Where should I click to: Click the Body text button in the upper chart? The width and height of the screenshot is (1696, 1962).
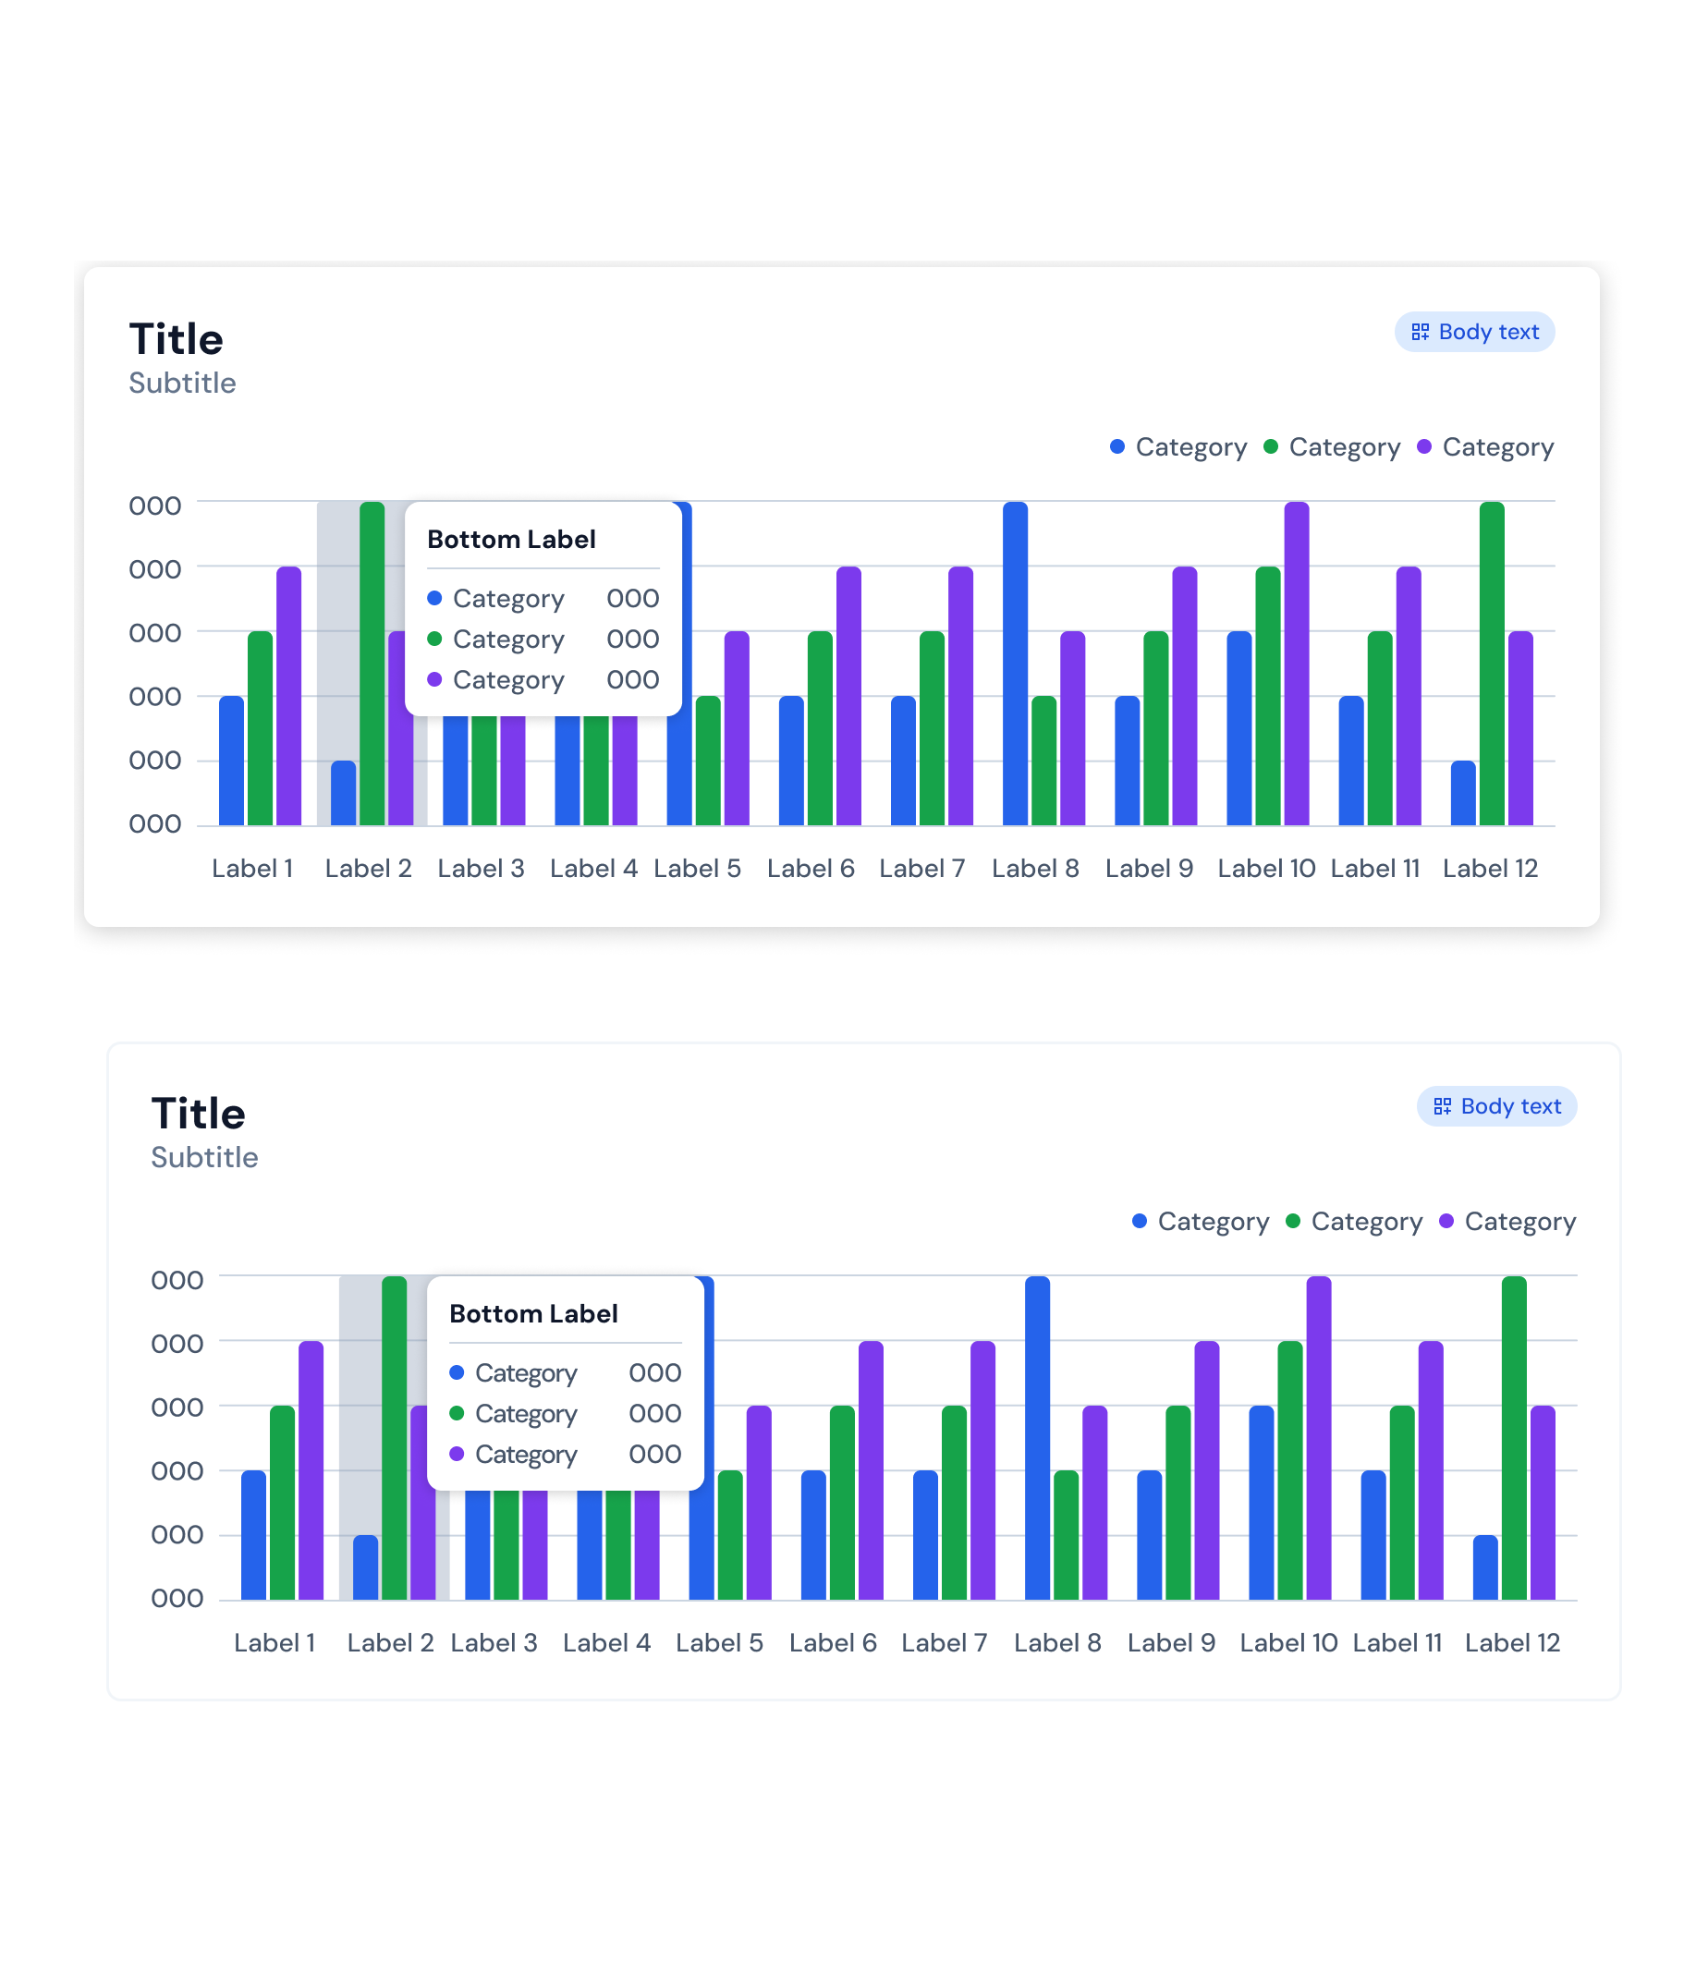click(x=1474, y=333)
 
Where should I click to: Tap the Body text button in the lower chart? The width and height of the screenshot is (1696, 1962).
click(x=1496, y=1106)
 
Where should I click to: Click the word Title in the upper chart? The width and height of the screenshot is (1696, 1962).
click(x=177, y=339)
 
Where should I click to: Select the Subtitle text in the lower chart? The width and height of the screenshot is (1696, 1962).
click(x=204, y=1157)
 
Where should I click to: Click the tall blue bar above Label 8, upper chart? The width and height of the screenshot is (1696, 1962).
click(x=1015, y=663)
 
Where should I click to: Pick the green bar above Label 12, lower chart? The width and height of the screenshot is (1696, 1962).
click(x=1514, y=1437)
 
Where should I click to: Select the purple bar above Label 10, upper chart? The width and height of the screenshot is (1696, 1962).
click(x=1297, y=663)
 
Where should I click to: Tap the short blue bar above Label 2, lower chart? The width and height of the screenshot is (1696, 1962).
click(x=365, y=1567)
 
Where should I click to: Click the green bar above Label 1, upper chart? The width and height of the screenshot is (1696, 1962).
click(x=261, y=728)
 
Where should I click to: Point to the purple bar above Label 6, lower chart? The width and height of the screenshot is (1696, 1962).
click(x=872, y=1470)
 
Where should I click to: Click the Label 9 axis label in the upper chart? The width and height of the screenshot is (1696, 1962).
click(x=1149, y=869)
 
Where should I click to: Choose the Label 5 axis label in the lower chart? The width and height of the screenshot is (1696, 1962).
click(x=720, y=1643)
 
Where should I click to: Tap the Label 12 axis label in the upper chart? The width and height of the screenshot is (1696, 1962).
click(x=1491, y=869)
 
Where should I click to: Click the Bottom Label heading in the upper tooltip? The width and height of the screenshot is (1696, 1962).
click(x=511, y=540)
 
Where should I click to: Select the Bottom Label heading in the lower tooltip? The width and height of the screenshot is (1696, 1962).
click(x=533, y=1314)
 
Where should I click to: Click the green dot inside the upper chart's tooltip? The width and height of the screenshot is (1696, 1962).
click(x=434, y=639)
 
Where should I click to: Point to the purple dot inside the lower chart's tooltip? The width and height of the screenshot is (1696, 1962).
click(x=457, y=1454)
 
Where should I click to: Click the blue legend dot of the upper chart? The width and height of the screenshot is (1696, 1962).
click(x=1117, y=446)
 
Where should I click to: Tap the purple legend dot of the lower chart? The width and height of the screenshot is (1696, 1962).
click(x=1446, y=1221)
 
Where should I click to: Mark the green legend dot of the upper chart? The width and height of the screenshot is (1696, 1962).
click(x=1271, y=446)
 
